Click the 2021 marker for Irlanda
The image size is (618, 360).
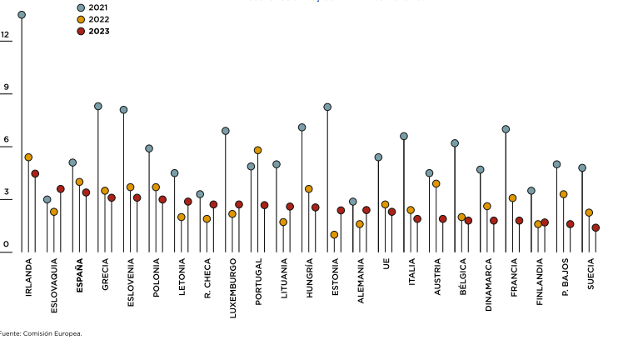tap(22, 15)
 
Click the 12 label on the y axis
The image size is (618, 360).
tap(5, 35)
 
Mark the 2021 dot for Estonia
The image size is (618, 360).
tap(327, 107)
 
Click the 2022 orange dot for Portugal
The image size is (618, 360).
tap(258, 151)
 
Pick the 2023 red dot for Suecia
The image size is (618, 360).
tap(596, 227)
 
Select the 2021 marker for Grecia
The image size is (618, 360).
tap(98, 107)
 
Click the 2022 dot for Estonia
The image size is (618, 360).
tap(334, 235)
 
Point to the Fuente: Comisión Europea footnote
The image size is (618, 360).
tap(41, 333)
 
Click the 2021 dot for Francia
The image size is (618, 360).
tap(506, 129)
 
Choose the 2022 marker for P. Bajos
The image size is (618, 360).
tap(564, 194)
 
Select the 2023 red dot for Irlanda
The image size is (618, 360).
tap(35, 174)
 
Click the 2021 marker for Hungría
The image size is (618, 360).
tap(302, 127)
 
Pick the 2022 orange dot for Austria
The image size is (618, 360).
tap(436, 183)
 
